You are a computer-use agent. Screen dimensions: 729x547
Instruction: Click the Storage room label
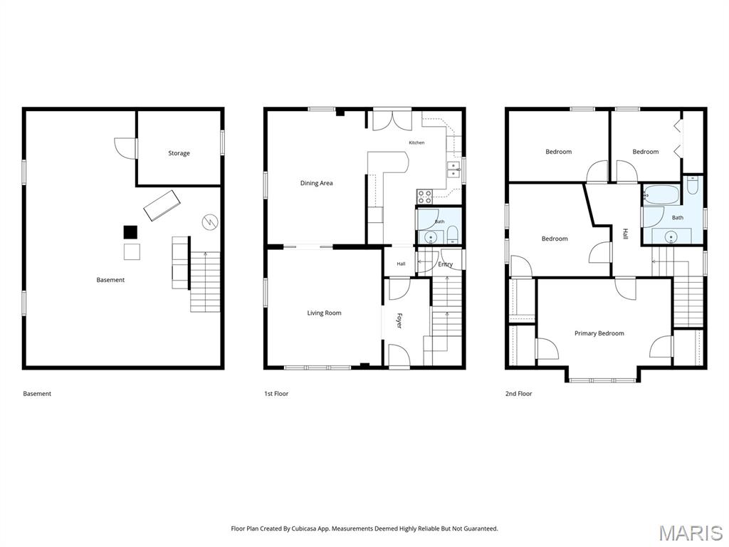coord(179,153)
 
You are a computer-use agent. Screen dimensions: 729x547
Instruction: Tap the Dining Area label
coord(316,183)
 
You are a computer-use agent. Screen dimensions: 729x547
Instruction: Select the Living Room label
coord(324,313)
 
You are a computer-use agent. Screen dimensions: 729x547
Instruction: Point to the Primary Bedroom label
coord(599,333)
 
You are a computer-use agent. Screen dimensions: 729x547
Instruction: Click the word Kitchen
coord(416,142)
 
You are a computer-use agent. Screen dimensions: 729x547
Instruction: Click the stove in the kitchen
coord(425,197)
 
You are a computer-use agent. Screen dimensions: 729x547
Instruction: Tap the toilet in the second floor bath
coord(692,185)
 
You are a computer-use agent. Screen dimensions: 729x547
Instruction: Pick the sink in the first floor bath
coord(431,237)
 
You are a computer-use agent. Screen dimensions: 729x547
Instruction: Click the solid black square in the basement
coord(131,232)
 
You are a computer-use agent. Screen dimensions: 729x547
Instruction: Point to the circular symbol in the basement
coord(210,222)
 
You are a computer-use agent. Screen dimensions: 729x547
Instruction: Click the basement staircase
coord(205,282)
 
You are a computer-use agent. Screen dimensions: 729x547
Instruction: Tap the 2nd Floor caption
coord(518,393)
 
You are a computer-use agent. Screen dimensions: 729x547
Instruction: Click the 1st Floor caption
coord(276,393)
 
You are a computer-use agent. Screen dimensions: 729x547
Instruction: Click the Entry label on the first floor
coord(446,264)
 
